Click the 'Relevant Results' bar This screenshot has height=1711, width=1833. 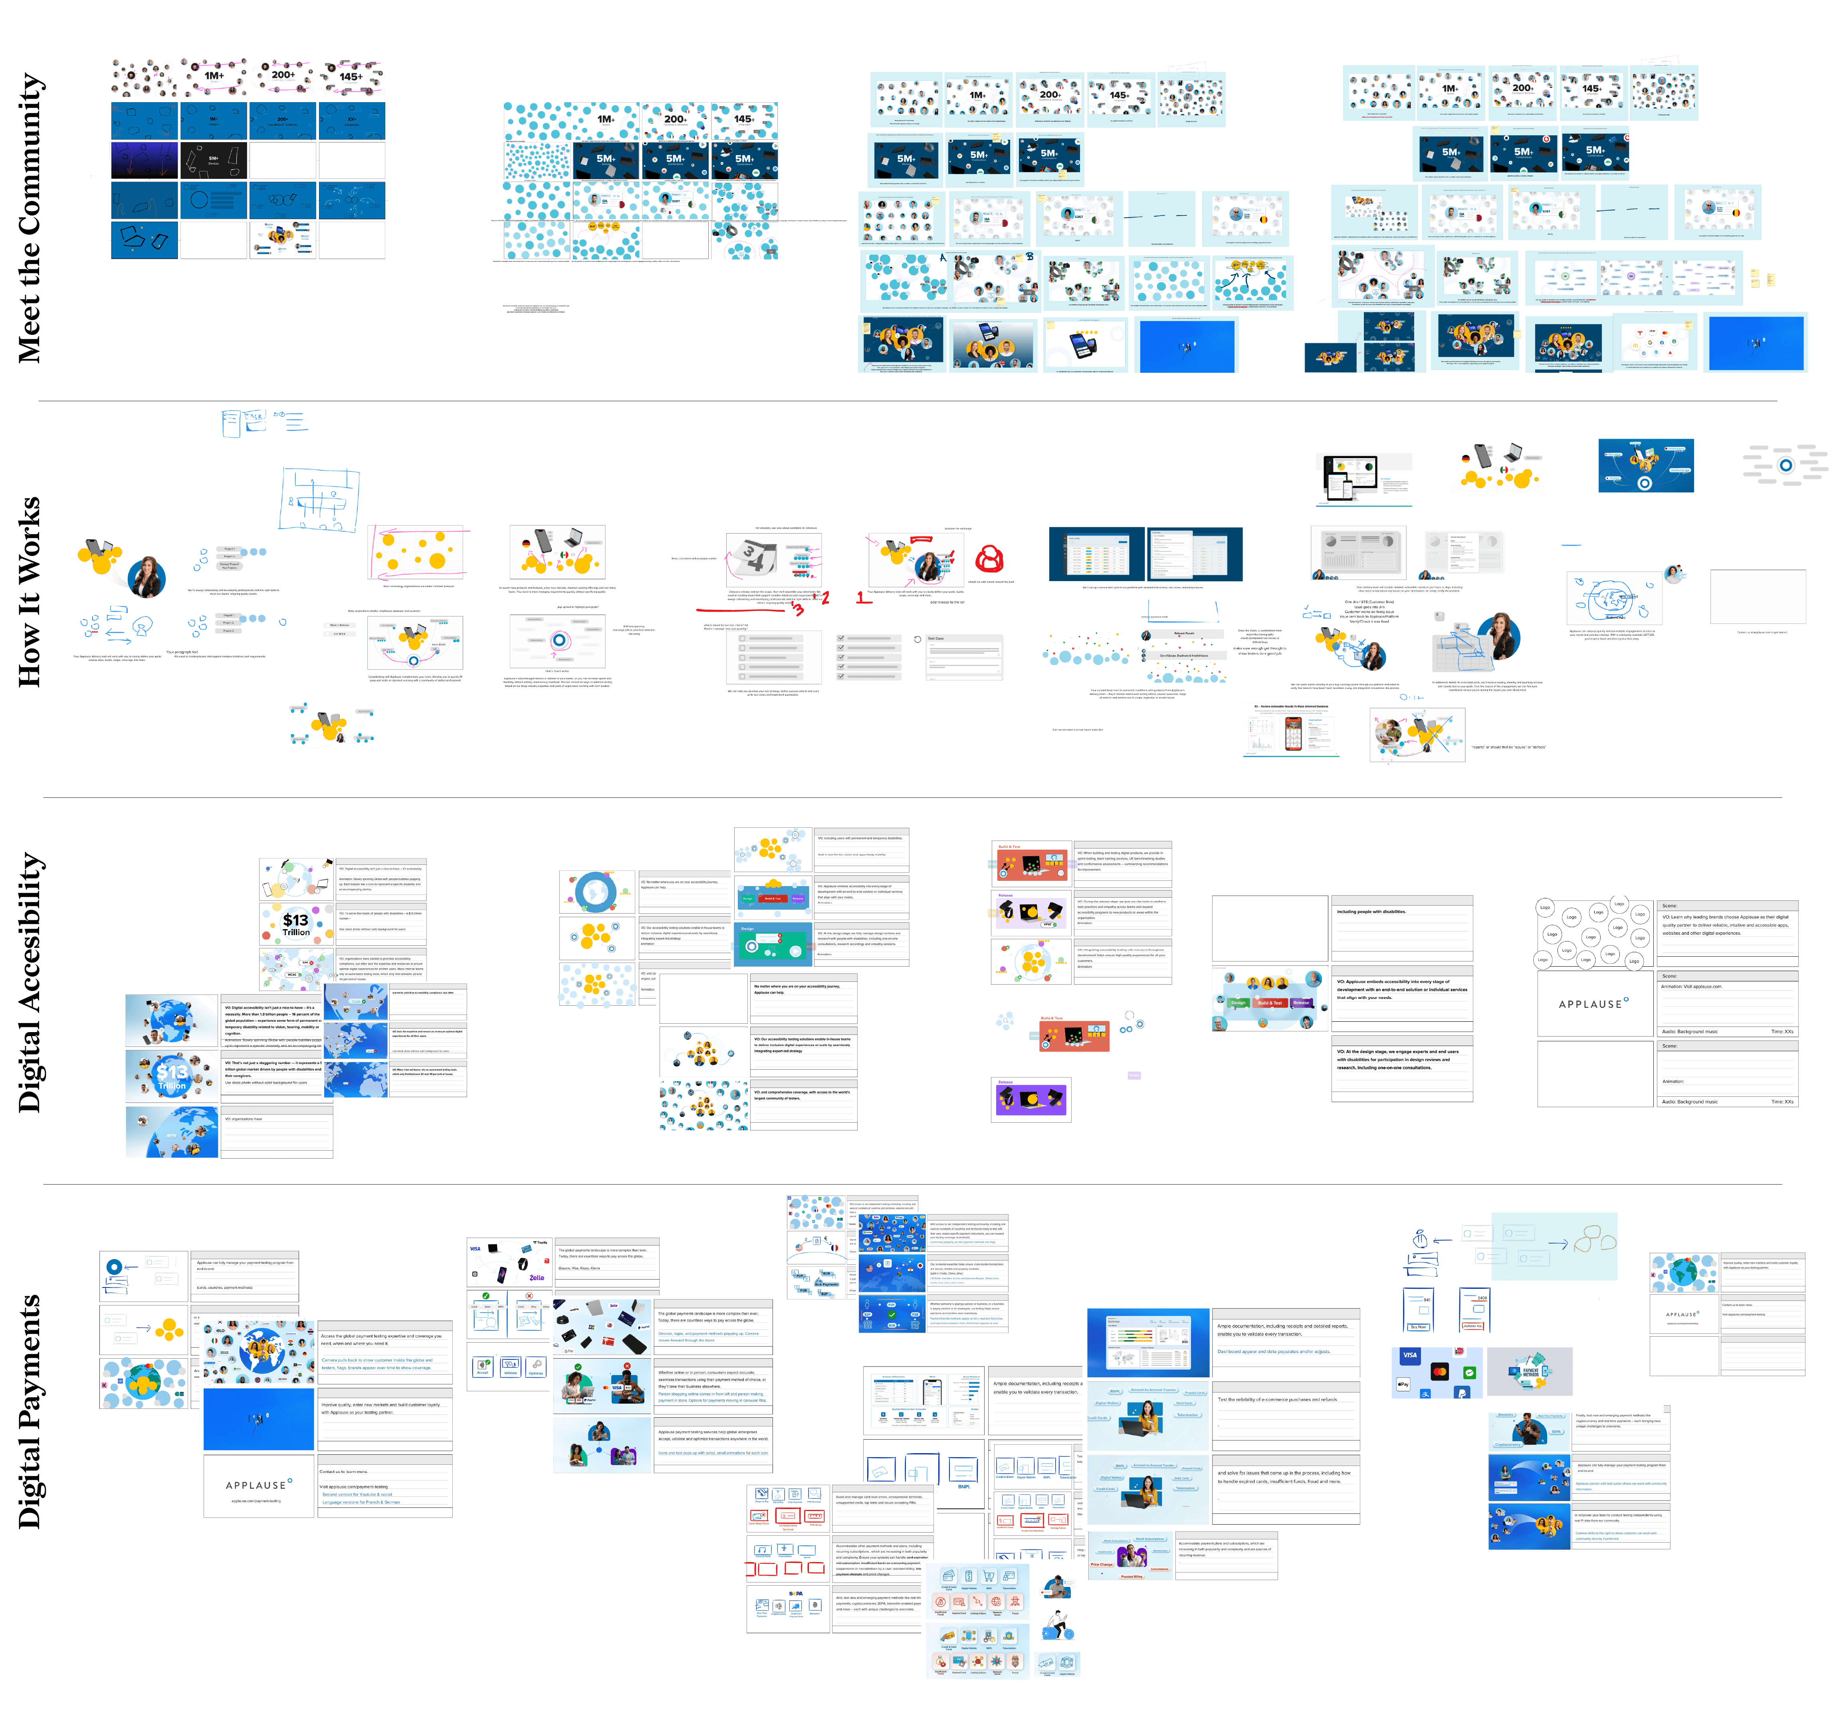tap(1184, 633)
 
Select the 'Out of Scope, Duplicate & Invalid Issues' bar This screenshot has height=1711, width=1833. tap(1184, 655)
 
